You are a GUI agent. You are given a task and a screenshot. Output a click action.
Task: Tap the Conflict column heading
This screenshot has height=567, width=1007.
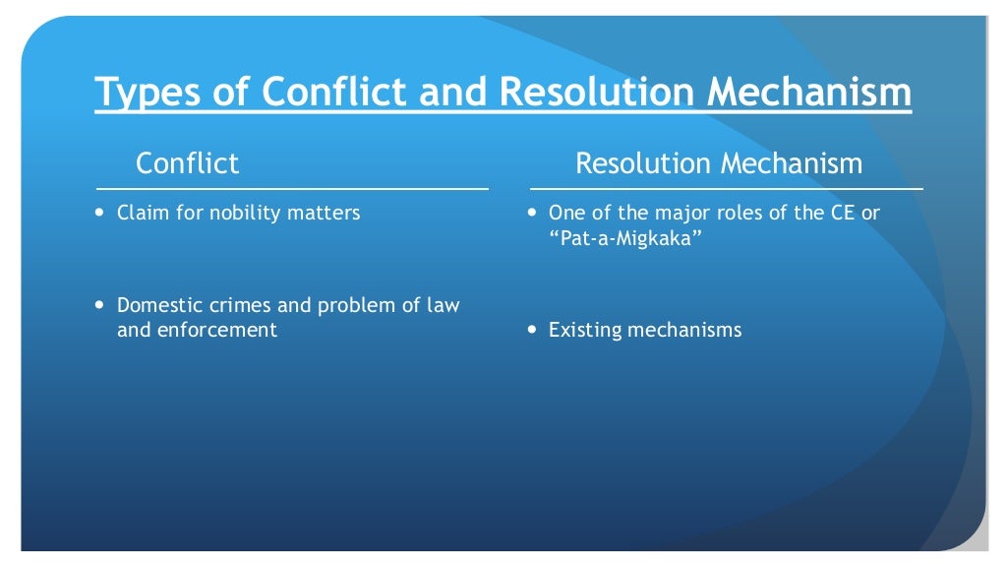coord(187,162)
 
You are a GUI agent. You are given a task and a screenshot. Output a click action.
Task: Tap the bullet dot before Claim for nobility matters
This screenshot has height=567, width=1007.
coord(100,213)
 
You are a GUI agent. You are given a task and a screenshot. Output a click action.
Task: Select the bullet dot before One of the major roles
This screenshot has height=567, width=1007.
coord(532,213)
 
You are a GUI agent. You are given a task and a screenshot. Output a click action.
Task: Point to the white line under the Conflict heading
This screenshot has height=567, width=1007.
coord(292,188)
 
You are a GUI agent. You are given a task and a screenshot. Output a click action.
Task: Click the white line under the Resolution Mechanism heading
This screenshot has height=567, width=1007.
coord(726,188)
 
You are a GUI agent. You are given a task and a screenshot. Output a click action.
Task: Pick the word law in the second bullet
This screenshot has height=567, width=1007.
coord(443,305)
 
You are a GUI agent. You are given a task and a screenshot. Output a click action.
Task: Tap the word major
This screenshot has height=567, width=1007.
coord(675,213)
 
